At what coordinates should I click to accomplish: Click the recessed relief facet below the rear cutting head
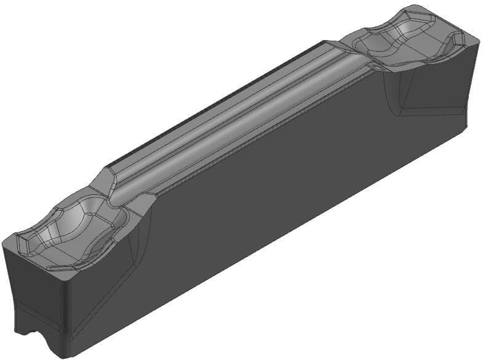pos(425,92)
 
